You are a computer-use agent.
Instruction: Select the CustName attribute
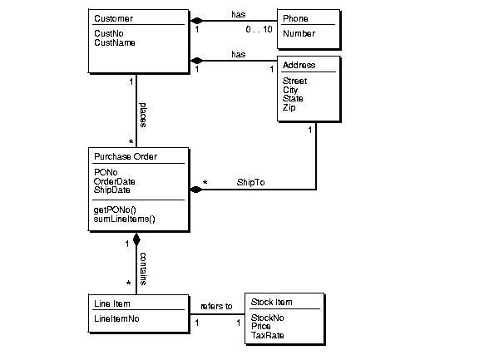pyautogui.click(x=115, y=42)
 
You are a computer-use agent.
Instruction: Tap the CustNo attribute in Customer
pyautogui.click(x=109, y=34)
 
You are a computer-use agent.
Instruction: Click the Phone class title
pyautogui.click(x=296, y=18)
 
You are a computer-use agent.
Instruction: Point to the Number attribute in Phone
pyautogui.click(x=299, y=34)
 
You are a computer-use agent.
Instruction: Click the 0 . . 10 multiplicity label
pyautogui.click(x=259, y=29)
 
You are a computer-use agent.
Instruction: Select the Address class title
pyautogui.click(x=299, y=65)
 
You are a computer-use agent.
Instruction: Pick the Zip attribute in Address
pyautogui.click(x=289, y=107)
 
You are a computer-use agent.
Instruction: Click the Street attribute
pyautogui.click(x=294, y=81)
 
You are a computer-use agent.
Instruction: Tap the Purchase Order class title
pyautogui.click(x=126, y=156)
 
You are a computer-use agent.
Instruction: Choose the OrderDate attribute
pyautogui.click(x=115, y=181)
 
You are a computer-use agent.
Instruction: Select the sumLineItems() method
pyautogui.click(x=125, y=219)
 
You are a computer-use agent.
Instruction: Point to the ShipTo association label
pyautogui.click(x=250, y=182)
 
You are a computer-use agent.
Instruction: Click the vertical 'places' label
pyautogui.click(x=142, y=116)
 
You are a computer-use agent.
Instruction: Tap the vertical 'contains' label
pyautogui.click(x=142, y=268)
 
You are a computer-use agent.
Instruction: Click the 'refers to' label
pyautogui.click(x=216, y=306)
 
